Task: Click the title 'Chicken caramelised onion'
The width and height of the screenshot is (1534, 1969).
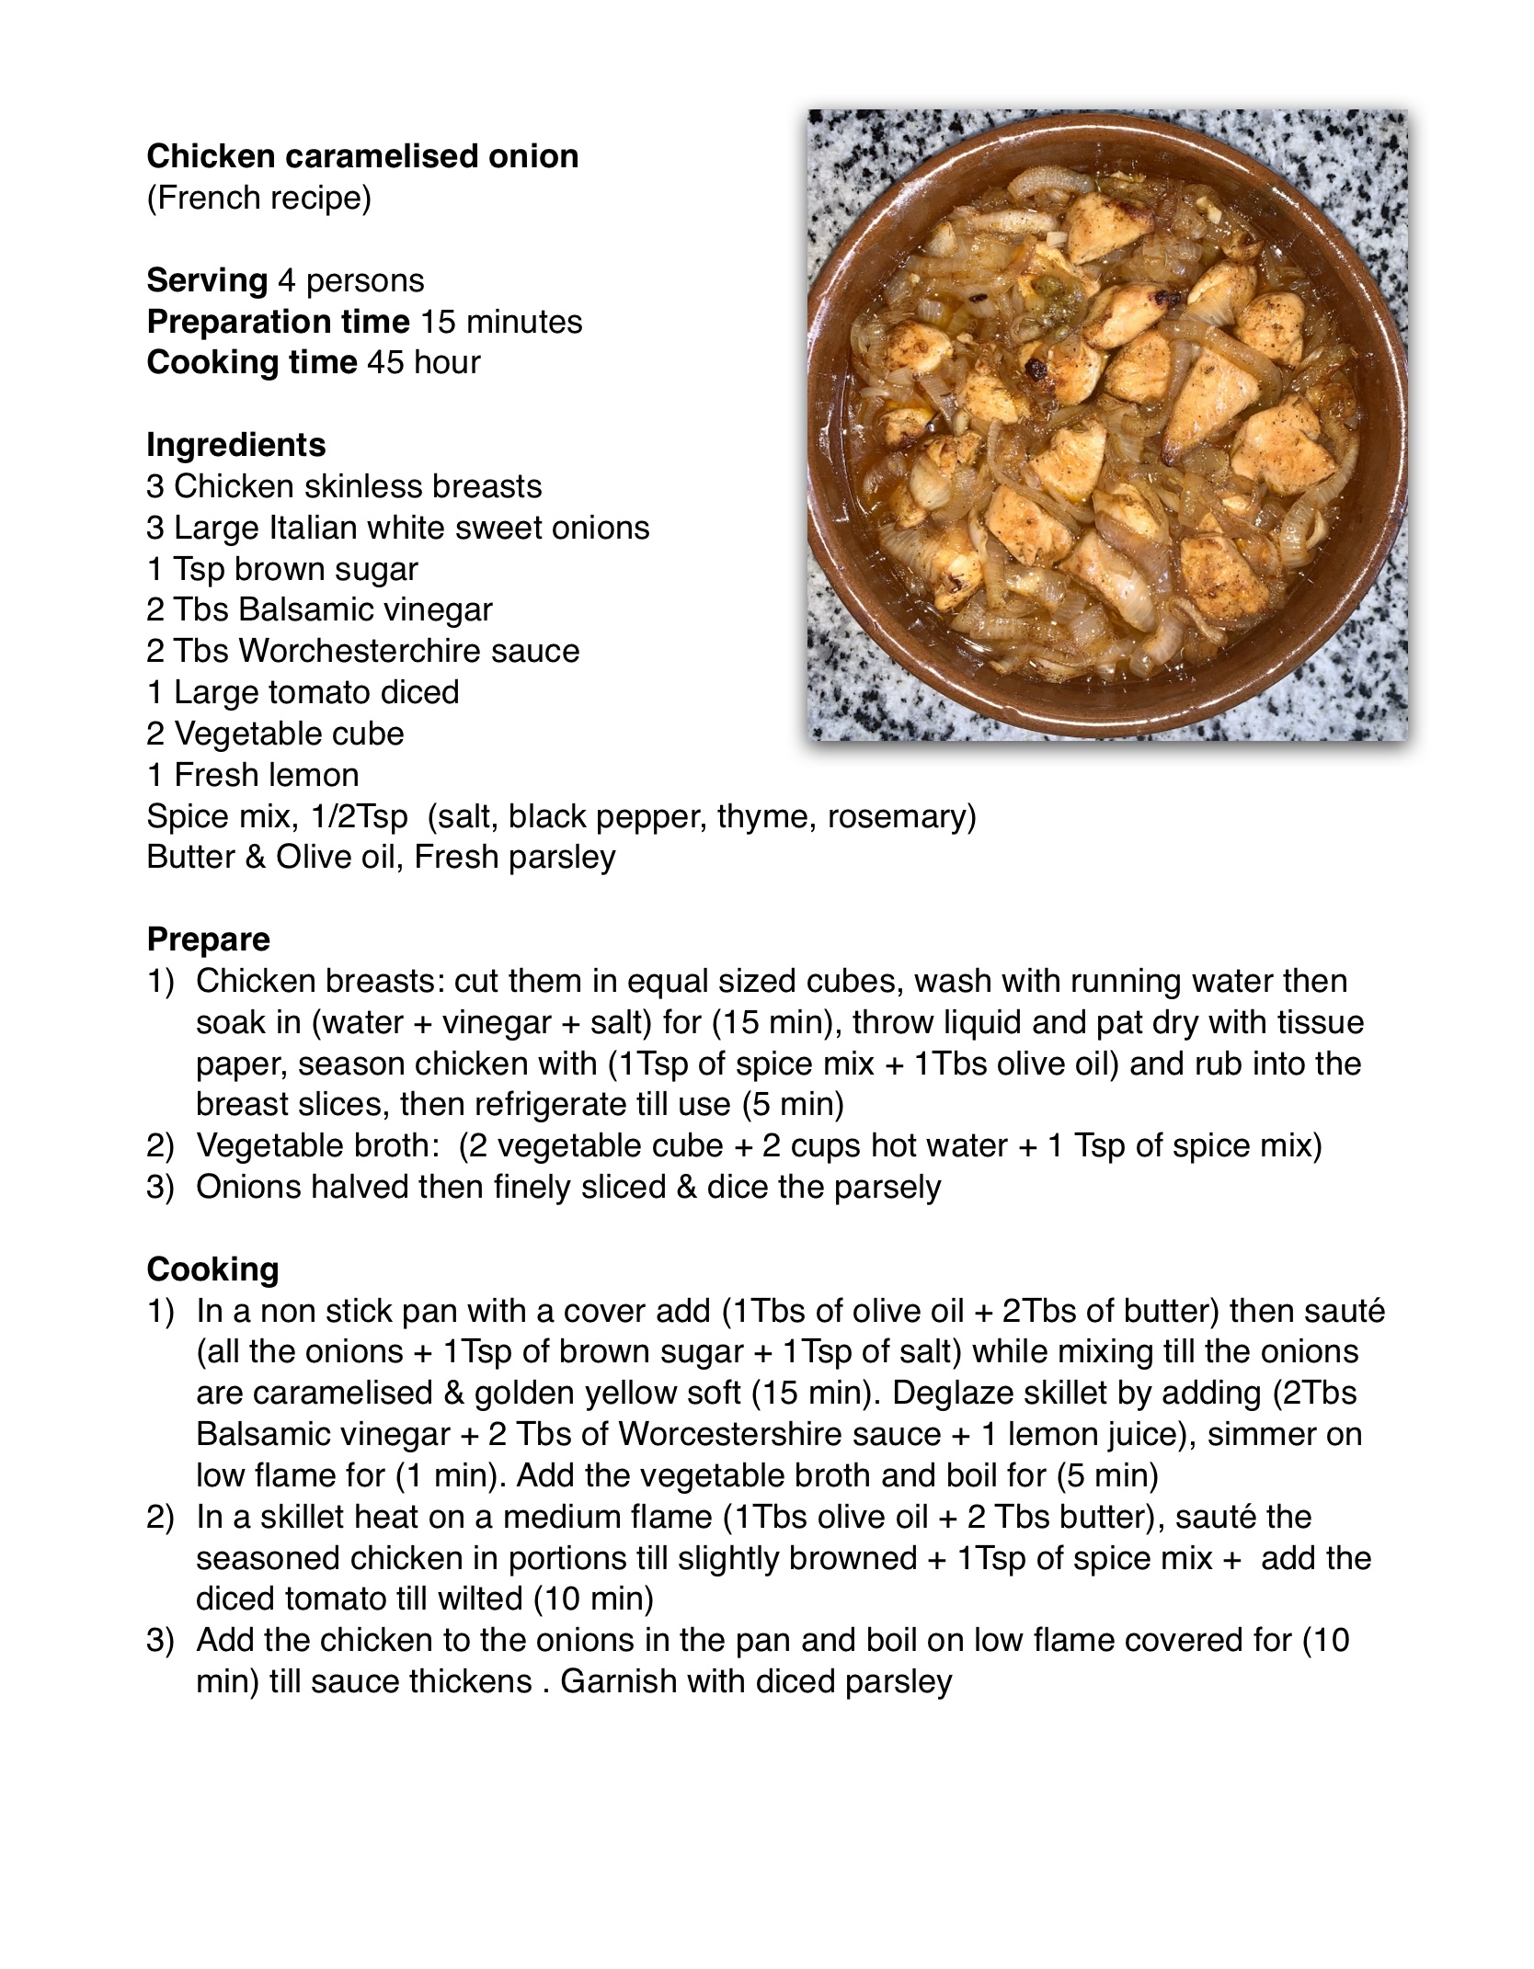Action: click(x=362, y=156)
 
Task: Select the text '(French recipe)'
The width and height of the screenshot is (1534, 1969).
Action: click(x=258, y=198)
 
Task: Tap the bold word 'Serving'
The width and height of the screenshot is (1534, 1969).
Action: click(x=207, y=280)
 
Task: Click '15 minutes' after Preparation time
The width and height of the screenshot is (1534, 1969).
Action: click(x=501, y=322)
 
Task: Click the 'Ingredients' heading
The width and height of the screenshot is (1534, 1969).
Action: click(x=236, y=445)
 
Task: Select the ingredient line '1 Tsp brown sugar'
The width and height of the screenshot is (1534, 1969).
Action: click(x=282, y=569)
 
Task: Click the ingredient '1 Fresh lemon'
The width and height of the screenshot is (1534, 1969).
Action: click(x=253, y=775)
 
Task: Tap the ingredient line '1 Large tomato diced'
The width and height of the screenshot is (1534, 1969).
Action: click(x=303, y=692)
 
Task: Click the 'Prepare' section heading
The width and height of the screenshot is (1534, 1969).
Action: click(x=209, y=939)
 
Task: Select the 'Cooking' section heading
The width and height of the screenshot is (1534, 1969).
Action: click(x=212, y=1269)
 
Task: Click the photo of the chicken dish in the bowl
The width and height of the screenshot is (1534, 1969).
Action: click(x=1106, y=425)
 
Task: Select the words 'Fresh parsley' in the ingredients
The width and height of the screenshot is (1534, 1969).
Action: click(x=514, y=857)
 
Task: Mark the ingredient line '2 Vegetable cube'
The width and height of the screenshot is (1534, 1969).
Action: click(x=275, y=734)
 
